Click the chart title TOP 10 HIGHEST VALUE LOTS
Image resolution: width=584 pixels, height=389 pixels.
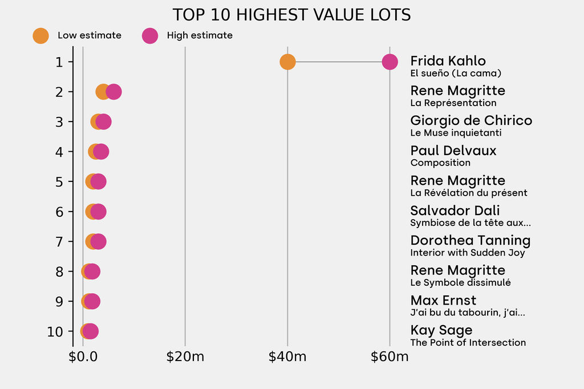tap(291, 15)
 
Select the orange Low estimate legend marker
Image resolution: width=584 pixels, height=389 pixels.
tap(40, 35)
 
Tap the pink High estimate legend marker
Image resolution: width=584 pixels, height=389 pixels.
tap(150, 35)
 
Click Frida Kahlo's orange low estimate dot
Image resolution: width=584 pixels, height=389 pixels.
tap(287, 62)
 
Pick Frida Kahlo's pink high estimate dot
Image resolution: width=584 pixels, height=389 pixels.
tap(390, 62)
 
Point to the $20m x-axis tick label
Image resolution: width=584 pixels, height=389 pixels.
tap(185, 358)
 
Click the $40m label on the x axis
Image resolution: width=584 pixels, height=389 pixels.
tap(287, 358)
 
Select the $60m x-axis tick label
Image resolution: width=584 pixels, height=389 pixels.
tap(390, 358)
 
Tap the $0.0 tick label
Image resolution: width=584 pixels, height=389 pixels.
tap(83, 358)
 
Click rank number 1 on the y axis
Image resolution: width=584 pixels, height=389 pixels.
tap(59, 62)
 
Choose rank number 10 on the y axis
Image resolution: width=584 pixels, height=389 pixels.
tap(56, 331)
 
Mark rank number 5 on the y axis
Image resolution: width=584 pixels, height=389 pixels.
tap(59, 181)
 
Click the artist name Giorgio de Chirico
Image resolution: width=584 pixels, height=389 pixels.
tap(471, 121)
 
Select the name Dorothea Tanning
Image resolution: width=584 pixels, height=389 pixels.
tap(470, 241)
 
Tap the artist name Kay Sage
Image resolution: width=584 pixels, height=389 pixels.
tap(441, 330)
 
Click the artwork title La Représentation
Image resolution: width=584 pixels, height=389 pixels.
tap(453, 103)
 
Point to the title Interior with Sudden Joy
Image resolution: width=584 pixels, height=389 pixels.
tap(468, 253)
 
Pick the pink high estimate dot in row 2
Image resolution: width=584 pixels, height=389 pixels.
tap(113, 92)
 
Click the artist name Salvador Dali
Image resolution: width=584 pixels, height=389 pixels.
tap(455, 210)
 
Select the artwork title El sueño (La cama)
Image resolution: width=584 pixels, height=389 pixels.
tap(456, 73)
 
